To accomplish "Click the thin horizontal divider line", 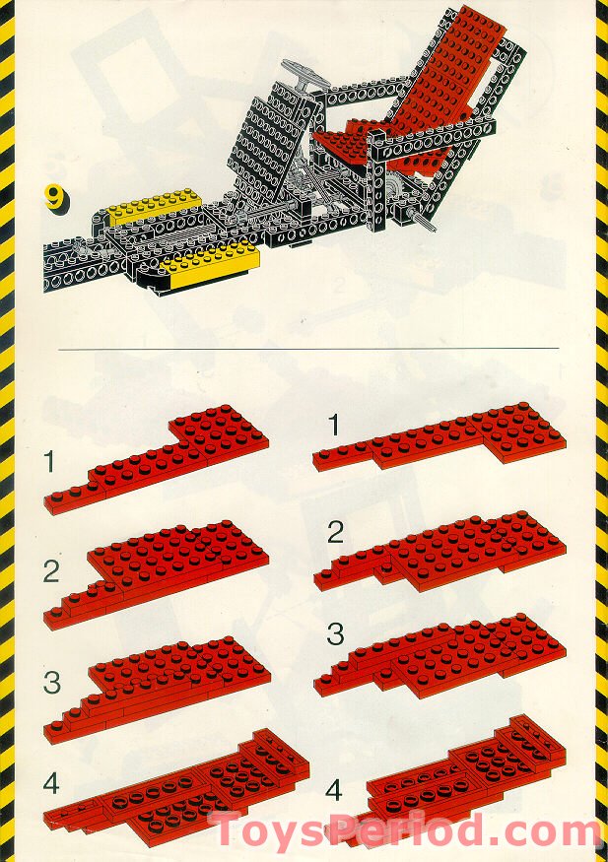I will click(308, 348).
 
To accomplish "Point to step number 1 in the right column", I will click(333, 426).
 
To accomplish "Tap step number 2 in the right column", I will click(335, 533).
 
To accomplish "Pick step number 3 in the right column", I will click(335, 633).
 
